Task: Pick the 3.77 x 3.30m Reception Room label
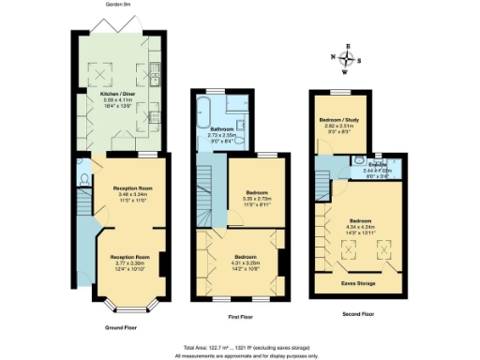coord(129,260)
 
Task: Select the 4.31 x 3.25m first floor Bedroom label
coord(246,260)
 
